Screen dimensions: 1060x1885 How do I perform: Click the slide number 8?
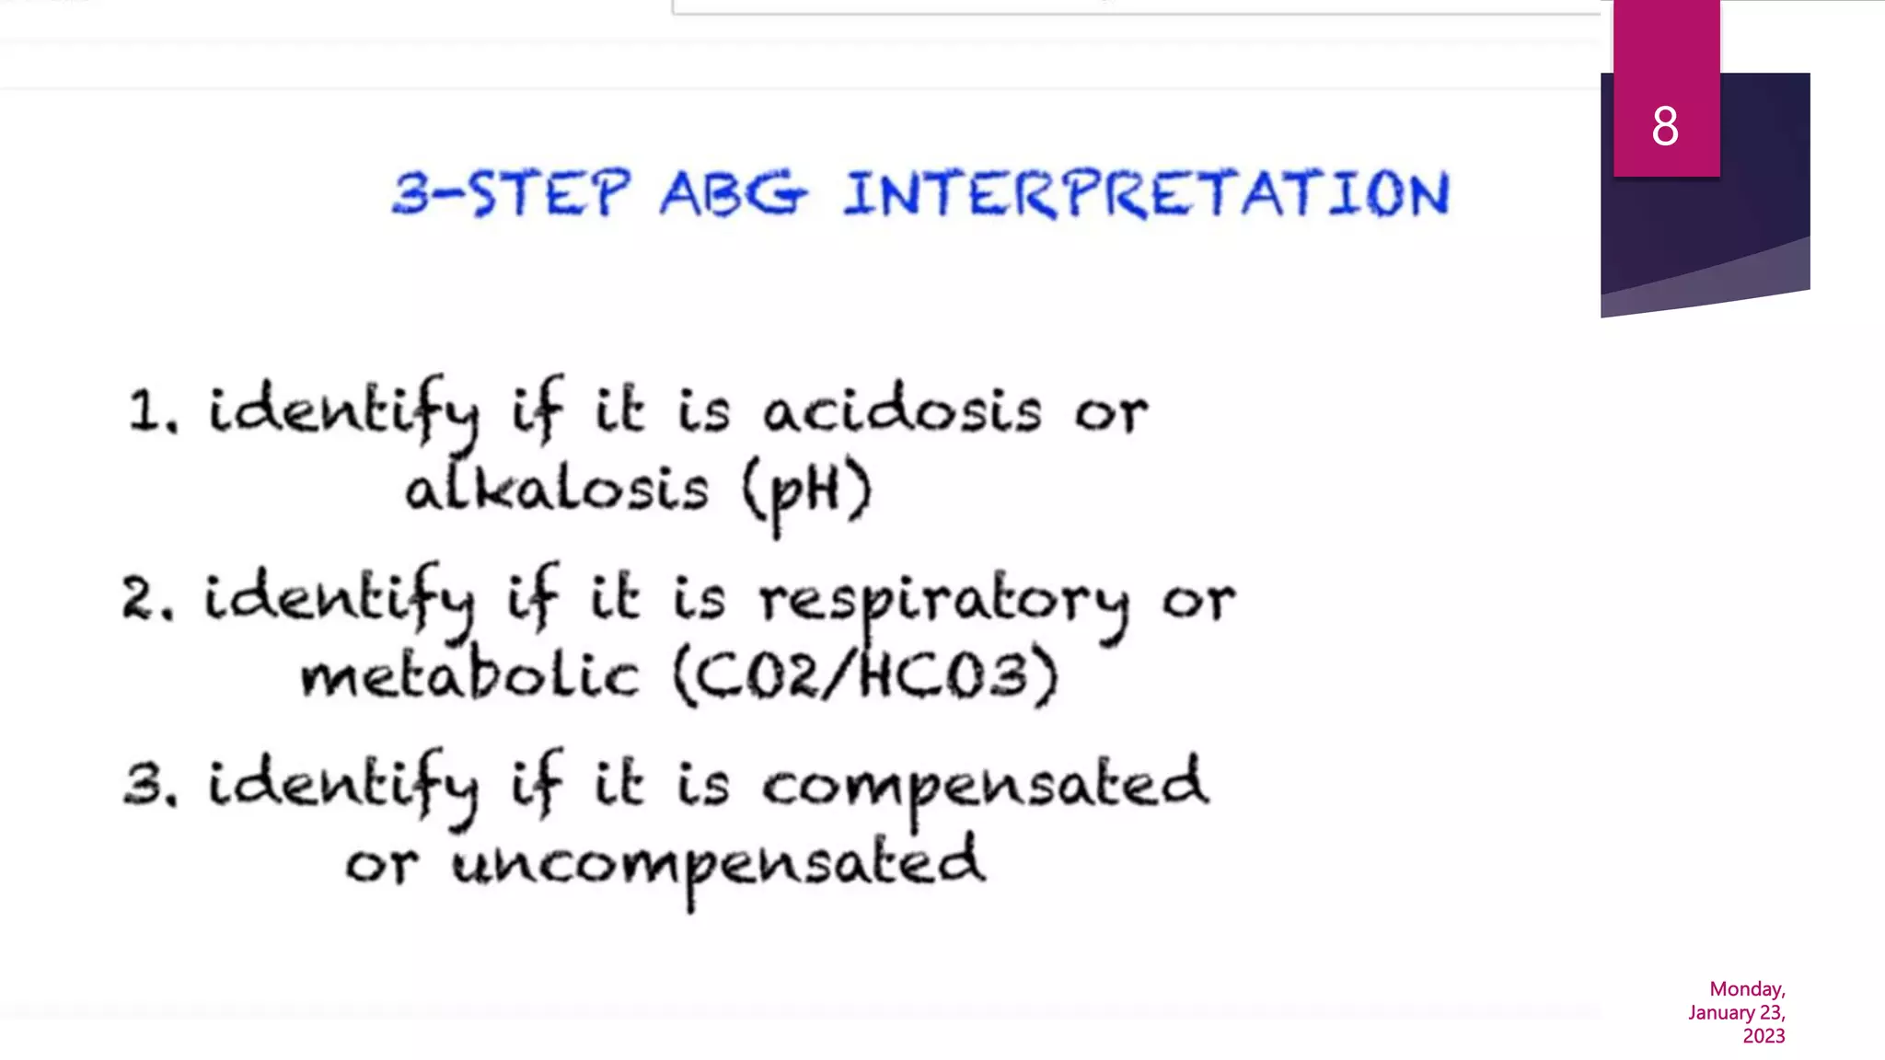[1665, 126]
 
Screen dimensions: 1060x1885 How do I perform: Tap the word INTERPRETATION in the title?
[1146, 194]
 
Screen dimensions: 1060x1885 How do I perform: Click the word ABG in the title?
[733, 194]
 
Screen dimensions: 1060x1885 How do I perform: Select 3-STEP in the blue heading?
[512, 194]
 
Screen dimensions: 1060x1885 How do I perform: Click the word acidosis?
[902, 410]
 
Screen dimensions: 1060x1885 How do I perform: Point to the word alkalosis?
[557, 490]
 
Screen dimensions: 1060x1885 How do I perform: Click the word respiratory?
[943, 600]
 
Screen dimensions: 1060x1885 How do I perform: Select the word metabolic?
[469, 676]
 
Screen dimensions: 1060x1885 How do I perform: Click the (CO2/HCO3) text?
[866, 676]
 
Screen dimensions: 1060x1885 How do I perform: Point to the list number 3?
[148, 787]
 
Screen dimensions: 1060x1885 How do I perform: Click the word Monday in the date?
[1747, 989]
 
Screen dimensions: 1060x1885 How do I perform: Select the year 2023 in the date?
[1764, 1036]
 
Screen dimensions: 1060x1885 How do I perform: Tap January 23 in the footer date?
[1736, 1013]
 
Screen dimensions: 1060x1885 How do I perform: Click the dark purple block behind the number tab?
[1763, 184]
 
